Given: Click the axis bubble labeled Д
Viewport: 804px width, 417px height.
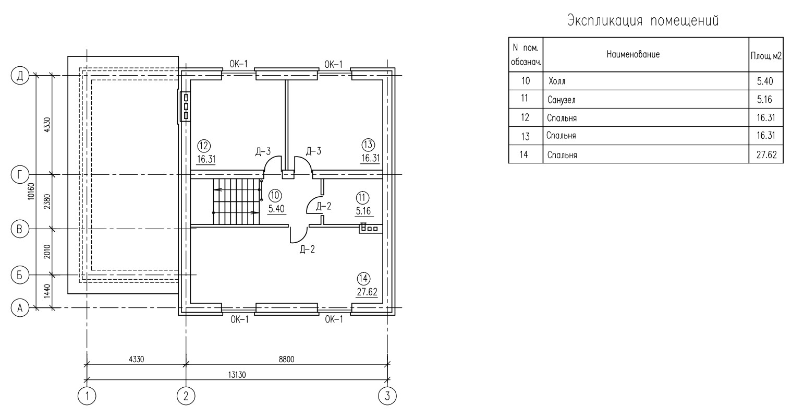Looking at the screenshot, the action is coord(20,76).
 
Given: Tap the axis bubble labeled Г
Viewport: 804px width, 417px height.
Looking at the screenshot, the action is coord(20,175).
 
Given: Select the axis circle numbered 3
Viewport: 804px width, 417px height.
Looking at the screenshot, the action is coord(387,396).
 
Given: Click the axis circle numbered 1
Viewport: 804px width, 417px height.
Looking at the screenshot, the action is coord(87,396).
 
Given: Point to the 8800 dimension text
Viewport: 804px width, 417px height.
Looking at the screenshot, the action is coord(286,359).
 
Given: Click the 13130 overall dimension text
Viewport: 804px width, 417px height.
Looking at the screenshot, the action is coord(237,375).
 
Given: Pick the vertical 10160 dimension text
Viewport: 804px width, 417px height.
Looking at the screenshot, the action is coord(31,192).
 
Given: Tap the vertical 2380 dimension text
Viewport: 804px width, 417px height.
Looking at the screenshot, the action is coord(47,202).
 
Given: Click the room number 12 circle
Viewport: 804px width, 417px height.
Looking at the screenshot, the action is coord(204,146).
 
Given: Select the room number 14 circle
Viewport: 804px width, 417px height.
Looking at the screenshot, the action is coord(363,279).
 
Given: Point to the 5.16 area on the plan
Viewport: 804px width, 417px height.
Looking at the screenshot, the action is coord(363,211).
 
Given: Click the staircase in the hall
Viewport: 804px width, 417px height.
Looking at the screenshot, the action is coord(236,201).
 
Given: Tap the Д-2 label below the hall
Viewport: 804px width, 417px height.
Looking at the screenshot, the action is coord(307,249).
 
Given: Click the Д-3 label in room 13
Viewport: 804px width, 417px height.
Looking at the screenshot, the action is coord(313,151).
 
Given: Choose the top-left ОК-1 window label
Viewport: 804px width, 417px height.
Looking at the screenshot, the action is coord(238,64).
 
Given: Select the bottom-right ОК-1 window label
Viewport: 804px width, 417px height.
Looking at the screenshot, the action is coord(334,319).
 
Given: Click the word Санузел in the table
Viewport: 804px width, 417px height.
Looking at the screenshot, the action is coord(562,100).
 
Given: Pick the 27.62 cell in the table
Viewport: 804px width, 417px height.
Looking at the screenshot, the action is coord(766,154).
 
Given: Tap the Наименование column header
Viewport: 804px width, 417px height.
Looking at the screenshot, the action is coord(633,54).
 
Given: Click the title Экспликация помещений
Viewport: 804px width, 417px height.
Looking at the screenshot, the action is coord(643,21).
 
